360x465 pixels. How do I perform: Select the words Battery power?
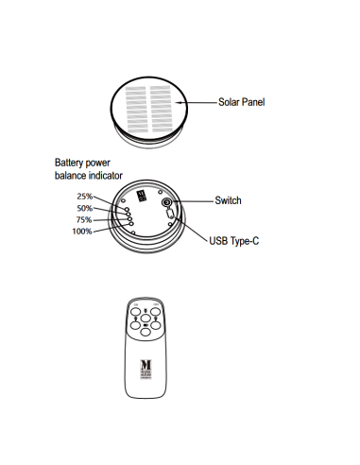(82, 163)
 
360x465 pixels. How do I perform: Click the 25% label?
(85, 196)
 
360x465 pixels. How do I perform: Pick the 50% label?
(85, 208)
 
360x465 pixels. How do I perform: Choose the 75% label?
(85, 219)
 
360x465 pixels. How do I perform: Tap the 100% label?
(83, 231)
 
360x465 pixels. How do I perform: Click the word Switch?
(228, 200)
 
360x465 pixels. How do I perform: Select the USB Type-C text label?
(233, 242)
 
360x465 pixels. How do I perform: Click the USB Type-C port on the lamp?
(170, 215)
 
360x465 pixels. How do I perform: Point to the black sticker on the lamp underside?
(143, 196)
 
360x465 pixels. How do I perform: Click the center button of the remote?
(146, 319)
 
